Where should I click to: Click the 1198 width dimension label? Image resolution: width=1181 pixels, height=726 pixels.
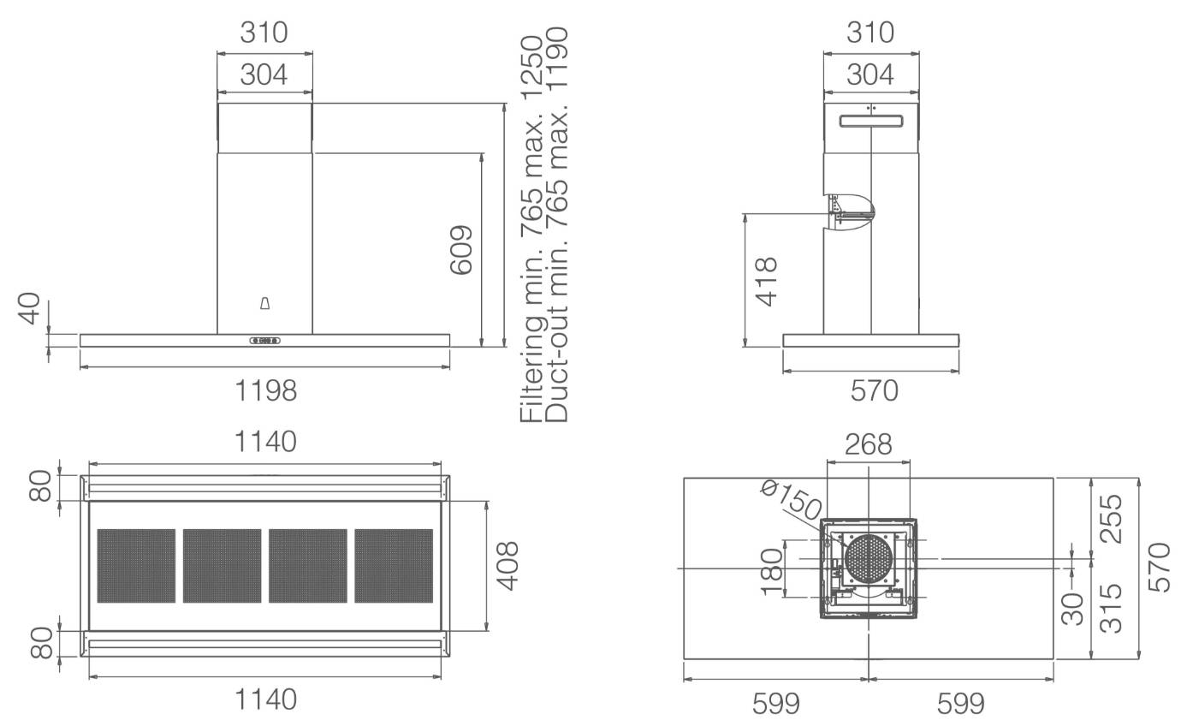pyautogui.click(x=265, y=391)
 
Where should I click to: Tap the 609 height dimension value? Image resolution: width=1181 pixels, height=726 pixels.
pyautogui.click(x=461, y=250)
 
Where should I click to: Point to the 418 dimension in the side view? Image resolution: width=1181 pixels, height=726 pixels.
pyautogui.click(x=767, y=282)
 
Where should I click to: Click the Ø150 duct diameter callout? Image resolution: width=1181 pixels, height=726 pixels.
pyautogui.click(x=791, y=500)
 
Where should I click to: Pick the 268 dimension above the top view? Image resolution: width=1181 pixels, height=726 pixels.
pyautogui.click(x=869, y=444)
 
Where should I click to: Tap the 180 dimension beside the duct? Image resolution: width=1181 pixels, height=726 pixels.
pyautogui.click(x=771, y=571)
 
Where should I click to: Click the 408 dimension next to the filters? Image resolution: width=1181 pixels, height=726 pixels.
pyautogui.click(x=507, y=566)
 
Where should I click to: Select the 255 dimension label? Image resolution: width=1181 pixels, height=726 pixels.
pyautogui.click(x=1112, y=518)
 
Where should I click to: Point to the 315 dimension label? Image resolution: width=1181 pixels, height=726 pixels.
pyautogui.click(x=1112, y=608)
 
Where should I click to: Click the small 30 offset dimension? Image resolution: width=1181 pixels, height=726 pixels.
pyautogui.click(x=1071, y=609)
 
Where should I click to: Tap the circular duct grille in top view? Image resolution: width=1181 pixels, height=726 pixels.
pyautogui.click(x=869, y=559)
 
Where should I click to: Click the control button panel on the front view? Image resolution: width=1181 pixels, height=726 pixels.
pyautogui.click(x=264, y=341)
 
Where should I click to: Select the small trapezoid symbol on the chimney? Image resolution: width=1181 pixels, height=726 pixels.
pyautogui.click(x=264, y=303)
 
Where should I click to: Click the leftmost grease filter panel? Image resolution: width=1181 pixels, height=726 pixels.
pyautogui.click(x=136, y=566)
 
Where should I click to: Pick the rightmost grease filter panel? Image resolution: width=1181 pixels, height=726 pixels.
pyautogui.click(x=394, y=566)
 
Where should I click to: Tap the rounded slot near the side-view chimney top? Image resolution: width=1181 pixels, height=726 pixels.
pyautogui.click(x=871, y=122)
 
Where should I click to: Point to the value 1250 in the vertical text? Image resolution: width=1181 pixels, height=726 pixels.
pyautogui.click(x=531, y=67)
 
